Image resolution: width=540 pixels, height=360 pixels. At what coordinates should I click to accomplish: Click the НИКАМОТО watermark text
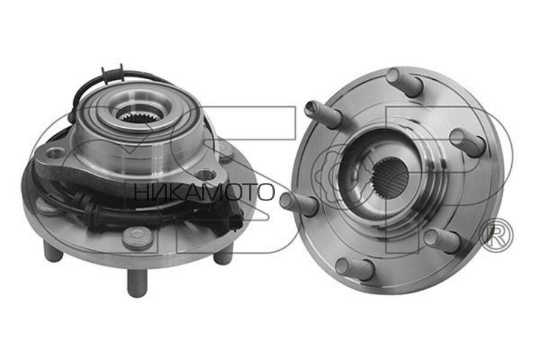(x=205, y=192)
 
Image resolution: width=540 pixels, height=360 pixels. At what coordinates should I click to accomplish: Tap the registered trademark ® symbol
(x=496, y=236)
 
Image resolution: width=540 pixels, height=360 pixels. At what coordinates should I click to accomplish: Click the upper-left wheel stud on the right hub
(x=323, y=113)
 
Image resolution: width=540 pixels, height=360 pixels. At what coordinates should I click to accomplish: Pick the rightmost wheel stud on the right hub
(x=467, y=142)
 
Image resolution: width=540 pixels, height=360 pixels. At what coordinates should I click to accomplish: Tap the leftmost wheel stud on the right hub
(x=298, y=203)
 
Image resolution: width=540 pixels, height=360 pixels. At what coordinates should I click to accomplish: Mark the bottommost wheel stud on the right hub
(x=355, y=268)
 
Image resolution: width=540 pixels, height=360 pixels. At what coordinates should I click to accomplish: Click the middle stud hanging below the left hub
(x=137, y=282)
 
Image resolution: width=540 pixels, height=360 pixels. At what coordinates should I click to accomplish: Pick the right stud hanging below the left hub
(x=223, y=255)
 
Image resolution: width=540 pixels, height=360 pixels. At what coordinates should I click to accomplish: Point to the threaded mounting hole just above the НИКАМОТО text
(x=206, y=175)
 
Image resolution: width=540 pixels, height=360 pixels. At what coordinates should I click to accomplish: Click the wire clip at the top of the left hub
(x=112, y=74)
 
